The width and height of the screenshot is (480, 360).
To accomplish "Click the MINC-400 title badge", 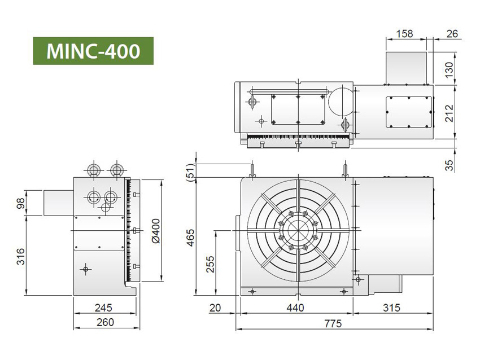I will pos(93,51).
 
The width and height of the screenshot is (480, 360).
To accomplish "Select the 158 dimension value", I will pos(405,33).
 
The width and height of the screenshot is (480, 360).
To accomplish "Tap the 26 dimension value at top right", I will pos(452,33).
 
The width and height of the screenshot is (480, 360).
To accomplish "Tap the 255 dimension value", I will pos(210,262).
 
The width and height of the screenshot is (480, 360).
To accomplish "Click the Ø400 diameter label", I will pos(158,231).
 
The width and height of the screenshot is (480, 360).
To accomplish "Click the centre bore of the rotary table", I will pos(297,231).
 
